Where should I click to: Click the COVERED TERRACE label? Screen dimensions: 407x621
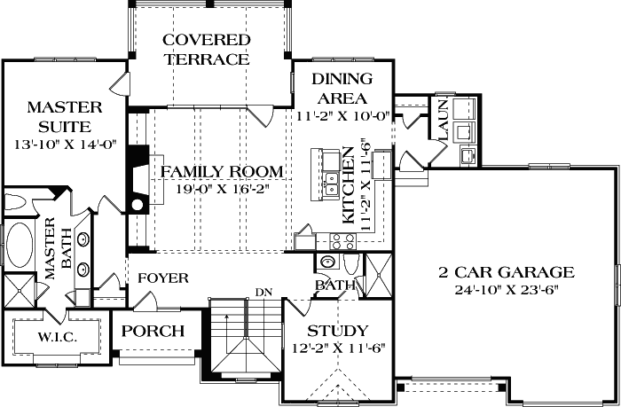tap(206, 51)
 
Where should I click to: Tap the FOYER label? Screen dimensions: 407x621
tap(162, 278)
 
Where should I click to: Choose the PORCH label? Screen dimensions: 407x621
tap(153, 332)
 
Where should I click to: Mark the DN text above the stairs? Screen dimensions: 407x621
tap(263, 292)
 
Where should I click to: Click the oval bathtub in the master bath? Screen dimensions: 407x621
tap(18, 245)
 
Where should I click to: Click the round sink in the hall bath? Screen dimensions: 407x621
tap(327, 263)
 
